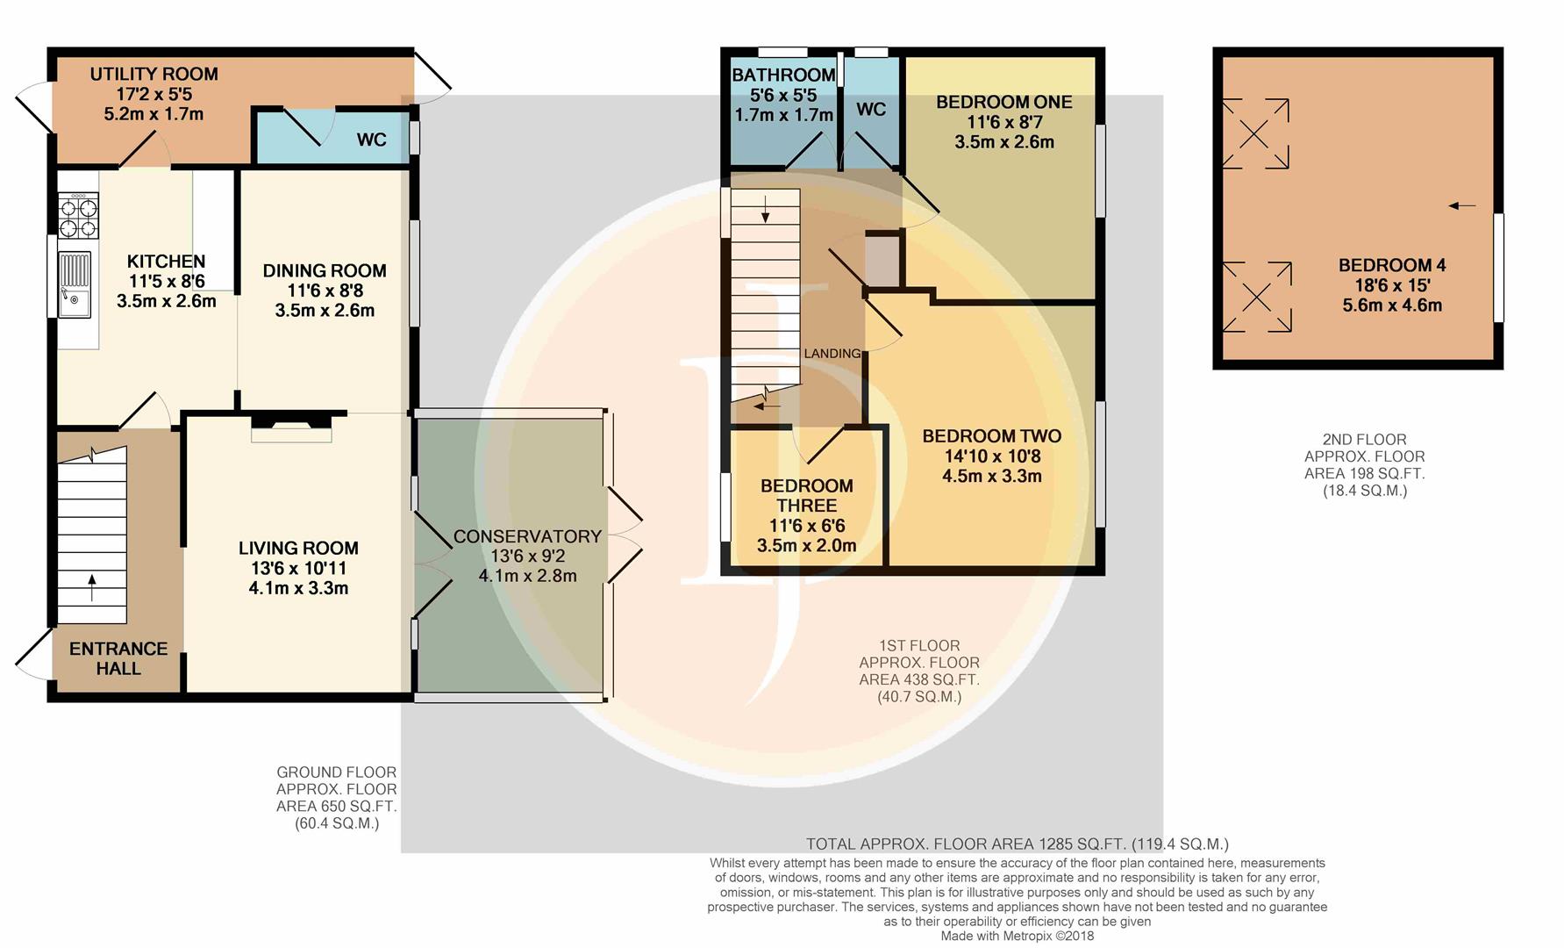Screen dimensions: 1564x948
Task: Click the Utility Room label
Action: point(154,75)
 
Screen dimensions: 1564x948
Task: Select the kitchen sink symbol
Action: point(74,284)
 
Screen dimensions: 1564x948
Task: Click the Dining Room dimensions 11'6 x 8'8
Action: point(325,291)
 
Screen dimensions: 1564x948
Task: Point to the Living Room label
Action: point(298,548)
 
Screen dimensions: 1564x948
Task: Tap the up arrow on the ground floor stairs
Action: point(92,587)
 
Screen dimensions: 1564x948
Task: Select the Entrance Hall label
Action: point(118,658)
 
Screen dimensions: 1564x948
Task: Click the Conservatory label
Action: point(527,536)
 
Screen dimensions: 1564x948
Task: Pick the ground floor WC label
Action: point(372,140)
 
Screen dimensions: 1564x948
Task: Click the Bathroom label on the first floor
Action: point(783,75)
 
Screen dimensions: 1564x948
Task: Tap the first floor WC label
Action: point(871,110)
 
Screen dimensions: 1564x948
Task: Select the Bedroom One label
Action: point(1004,102)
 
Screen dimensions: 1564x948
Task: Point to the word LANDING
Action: point(832,354)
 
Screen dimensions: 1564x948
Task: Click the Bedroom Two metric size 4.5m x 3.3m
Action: point(992,477)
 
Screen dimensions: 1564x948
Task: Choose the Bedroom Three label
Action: point(807,496)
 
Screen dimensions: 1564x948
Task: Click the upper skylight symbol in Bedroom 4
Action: point(1255,133)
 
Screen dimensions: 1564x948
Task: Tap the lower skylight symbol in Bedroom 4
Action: point(1257,297)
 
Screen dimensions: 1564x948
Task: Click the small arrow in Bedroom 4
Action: point(1461,206)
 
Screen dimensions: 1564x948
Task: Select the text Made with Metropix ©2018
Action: point(1018,936)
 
